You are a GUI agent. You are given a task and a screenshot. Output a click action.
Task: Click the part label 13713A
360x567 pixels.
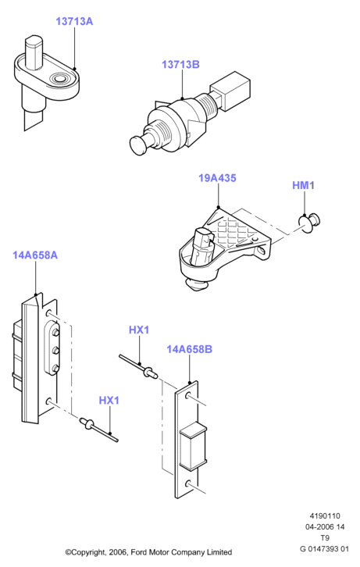(74, 21)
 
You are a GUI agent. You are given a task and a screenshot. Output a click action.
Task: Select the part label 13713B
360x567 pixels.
(180, 65)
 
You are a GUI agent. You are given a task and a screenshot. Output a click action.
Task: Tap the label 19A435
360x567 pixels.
(217, 178)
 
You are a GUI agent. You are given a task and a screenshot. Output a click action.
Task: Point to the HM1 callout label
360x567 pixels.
(303, 186)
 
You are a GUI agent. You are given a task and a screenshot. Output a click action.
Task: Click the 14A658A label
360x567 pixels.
(35, 255)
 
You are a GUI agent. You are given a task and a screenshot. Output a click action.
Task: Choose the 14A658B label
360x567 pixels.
(189, 349)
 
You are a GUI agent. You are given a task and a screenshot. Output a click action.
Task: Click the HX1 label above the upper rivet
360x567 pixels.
(139, 330)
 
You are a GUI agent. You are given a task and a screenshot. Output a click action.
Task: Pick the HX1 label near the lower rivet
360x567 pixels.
(109, 401)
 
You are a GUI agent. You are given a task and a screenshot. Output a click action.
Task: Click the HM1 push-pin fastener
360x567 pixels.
(309, 223)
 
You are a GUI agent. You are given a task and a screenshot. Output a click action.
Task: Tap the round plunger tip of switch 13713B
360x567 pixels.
(137, 145)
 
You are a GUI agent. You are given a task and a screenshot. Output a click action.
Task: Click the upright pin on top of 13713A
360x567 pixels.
(34, 52)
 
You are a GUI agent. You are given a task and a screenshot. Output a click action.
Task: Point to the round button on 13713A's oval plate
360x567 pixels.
(59, 79)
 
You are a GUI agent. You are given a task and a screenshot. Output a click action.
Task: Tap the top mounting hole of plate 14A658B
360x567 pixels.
(188, 396)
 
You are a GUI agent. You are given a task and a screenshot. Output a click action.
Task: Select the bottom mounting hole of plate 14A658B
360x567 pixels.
(188, 483)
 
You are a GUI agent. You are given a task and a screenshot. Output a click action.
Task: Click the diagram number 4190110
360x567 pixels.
(325, 516)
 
